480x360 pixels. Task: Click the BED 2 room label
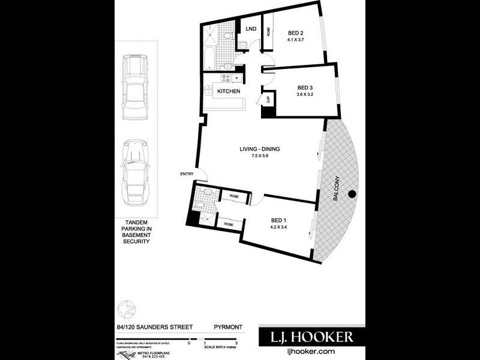pyautogui.click(x=295, y=33)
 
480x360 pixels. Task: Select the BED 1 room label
pyautogui.click(x=278, y=220)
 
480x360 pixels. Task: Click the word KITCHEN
pyautogui.click(x=229, y=91)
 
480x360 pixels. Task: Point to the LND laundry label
pyautogui.click(x=249, y=29)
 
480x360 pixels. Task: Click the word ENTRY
pyautogui.click(x=187, y=174)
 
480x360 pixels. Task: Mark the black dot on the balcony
pyautogui.click(x=352, y=193)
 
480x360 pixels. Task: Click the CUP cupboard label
pyautogui.click(x=268, y=100)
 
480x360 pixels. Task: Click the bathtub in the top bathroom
pyautogui.click(x=207, y=61)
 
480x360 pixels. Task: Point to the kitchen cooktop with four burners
pyautogui.click(x=227, y=78)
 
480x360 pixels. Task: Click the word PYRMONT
pyautogui.click(x=228, y=327)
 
